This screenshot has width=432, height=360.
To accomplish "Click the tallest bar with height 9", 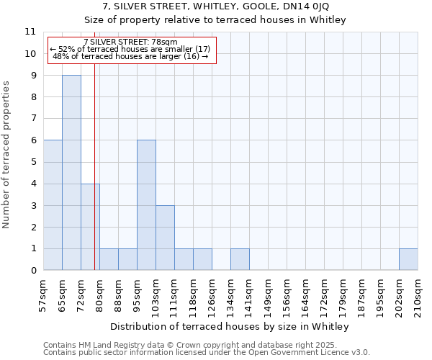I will point(71,173).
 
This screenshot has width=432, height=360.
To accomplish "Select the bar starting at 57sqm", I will point(53,205).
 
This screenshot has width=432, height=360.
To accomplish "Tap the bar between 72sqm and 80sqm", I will point(90,227).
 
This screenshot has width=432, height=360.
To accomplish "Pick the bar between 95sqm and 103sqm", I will point(146,205).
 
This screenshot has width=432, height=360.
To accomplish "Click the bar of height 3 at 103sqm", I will point(165,238).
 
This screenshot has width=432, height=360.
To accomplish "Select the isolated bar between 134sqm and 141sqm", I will point(240,259).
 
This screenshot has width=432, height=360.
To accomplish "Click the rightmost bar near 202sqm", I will point(408,259).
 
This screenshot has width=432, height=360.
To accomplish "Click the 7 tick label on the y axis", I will point(32,119).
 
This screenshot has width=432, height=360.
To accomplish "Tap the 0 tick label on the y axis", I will point(32,271).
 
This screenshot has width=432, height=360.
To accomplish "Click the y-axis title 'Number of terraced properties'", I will point(7,155).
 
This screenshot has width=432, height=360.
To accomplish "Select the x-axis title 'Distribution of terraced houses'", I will point(230,326).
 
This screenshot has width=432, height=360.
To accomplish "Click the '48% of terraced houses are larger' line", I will point(130,56).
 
